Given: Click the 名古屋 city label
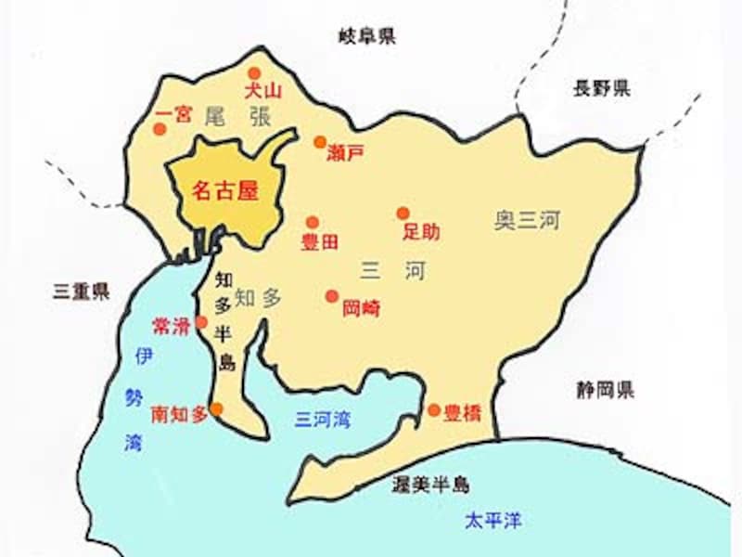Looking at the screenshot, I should (x=222, y=191).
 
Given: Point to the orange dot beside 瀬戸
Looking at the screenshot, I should (x=319, y=142).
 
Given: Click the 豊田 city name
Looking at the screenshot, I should (x=320, y=243).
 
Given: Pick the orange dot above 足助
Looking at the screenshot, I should (x=403, y=213).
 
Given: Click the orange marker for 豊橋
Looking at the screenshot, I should (x=433, y=409).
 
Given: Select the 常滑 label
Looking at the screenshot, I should (x=171, y=325).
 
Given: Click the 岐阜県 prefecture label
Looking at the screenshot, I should (x=367, y=36).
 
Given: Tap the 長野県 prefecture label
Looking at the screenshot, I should (x=601, y=89).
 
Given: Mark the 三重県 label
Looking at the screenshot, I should (x=81, y=291).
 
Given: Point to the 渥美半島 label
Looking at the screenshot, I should (x=429, y=485).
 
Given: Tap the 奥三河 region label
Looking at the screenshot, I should (x=527, y=221).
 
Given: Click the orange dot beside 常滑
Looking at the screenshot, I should (x=201, y=321).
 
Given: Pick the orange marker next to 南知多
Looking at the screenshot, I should (x=216, y=408).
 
